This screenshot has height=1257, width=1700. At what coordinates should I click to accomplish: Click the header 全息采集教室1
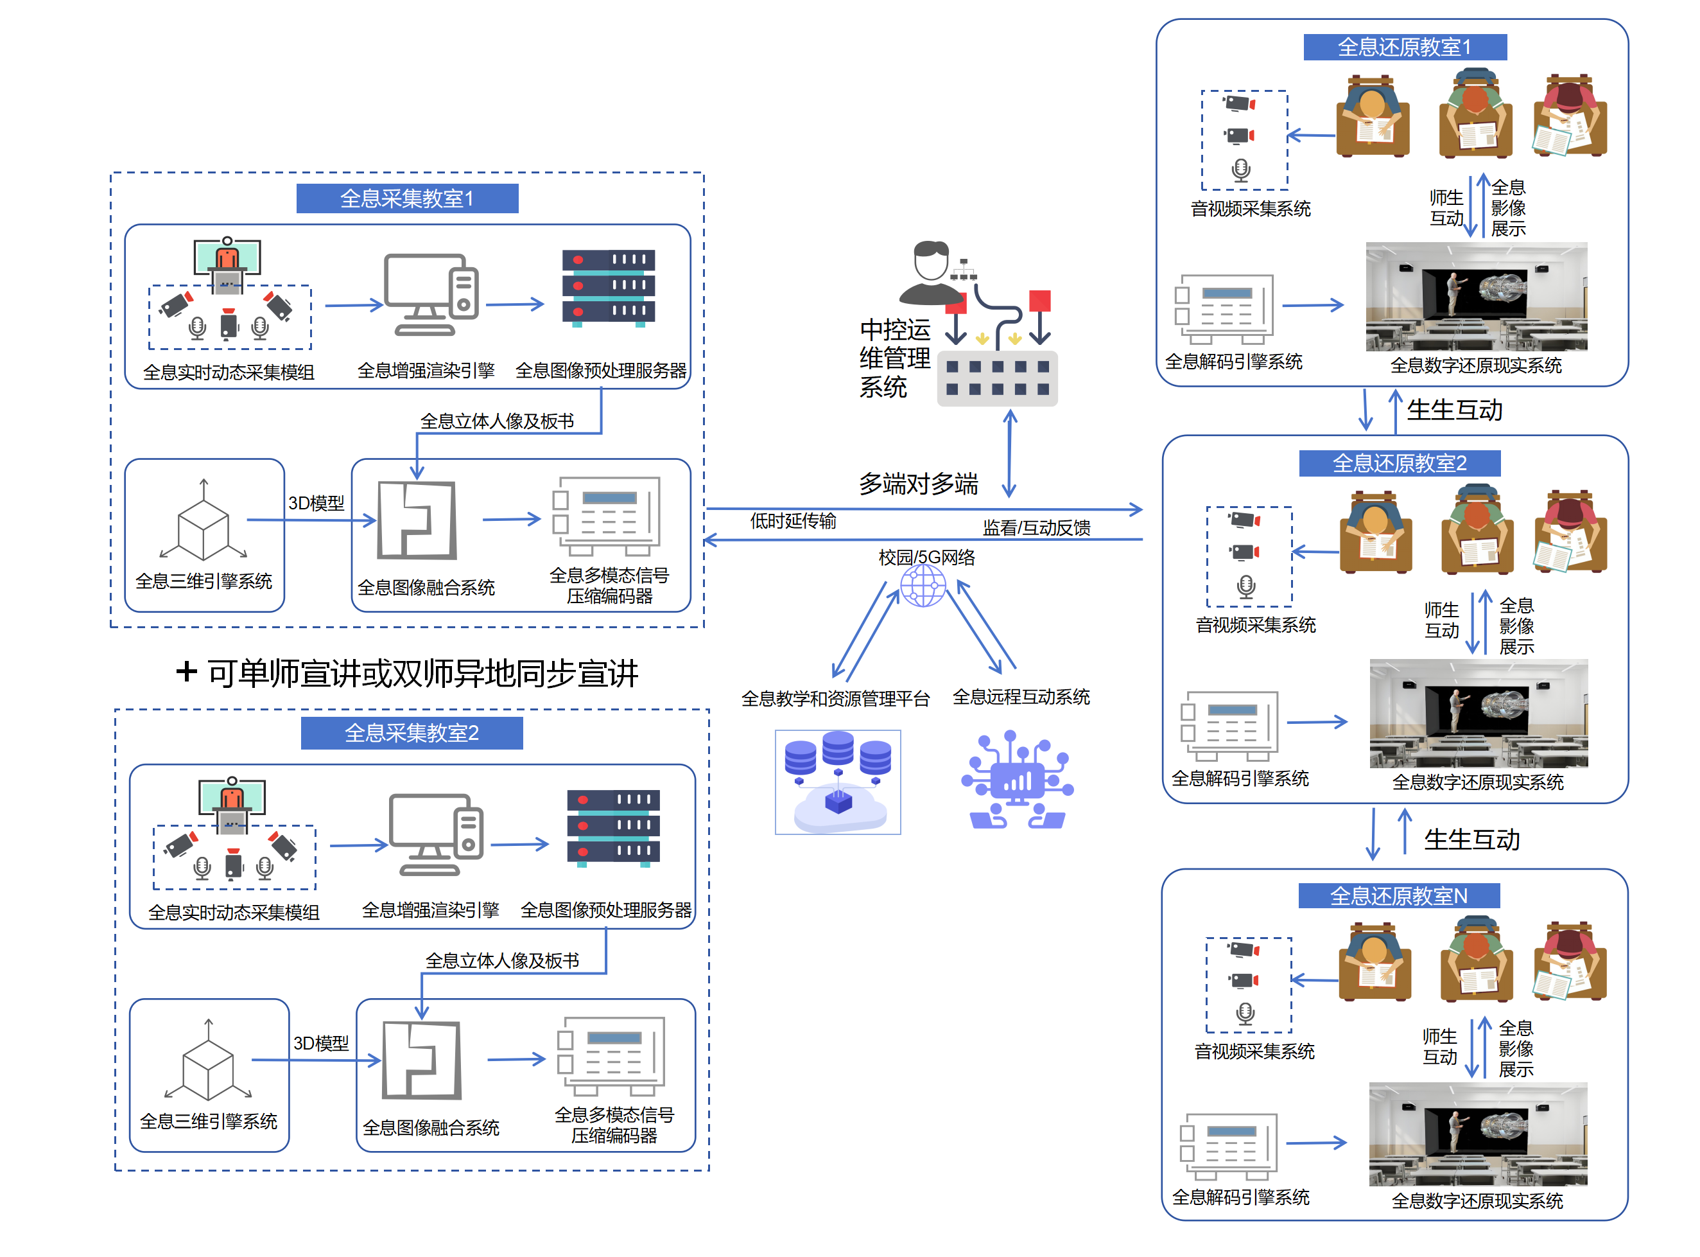[x=407, y=198]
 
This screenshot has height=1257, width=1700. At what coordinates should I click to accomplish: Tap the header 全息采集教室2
[x=412, y=733]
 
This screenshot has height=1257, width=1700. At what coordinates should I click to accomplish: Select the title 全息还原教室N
[x=1398, y=895]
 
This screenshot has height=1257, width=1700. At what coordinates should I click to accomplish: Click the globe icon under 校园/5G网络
[x=923, y=586]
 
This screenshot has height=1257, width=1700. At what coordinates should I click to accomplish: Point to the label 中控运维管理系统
[x=894, y=358]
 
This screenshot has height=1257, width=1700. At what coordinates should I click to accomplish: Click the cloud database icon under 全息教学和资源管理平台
[x=837, y=782]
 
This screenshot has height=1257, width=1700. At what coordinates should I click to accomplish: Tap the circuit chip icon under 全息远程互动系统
[x=1017, y=780]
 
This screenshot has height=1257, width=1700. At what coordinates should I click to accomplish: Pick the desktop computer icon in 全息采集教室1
[x=431, y=294]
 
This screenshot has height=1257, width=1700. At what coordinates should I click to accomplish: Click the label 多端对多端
[x=918, y=484]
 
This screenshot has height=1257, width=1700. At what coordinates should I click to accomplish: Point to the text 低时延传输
[x=793, y=521]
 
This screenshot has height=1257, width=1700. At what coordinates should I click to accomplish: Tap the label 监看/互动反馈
[x=1036, y=528]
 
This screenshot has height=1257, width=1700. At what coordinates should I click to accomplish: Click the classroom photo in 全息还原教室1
[x=1475, y=297]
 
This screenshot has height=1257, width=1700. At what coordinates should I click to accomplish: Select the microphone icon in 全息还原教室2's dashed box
[x=1246, y=586]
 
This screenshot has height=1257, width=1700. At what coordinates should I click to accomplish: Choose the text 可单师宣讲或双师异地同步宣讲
[x=422, y=673]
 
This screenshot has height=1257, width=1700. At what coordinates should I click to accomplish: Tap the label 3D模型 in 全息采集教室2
[x=321, y=1043]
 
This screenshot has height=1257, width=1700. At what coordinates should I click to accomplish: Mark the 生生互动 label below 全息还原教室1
[x=1454, y=410]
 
